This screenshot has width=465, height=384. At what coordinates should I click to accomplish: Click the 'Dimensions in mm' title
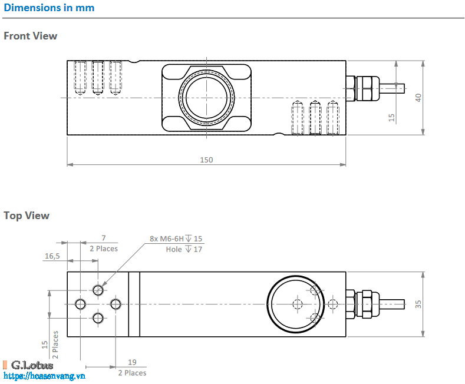pos(49,8)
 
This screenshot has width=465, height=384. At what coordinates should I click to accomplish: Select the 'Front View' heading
pos(31,36)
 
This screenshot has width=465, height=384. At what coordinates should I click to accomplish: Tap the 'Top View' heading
pos(27,216)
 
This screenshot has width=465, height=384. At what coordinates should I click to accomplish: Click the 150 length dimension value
pos(206,160)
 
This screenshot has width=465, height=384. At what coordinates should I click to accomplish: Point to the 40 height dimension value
pos(418,98)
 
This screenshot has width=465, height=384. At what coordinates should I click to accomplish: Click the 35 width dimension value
pos(418,304)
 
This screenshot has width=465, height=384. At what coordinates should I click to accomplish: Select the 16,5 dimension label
pos(52,256)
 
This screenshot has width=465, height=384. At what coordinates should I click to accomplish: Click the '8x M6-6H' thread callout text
pos(167,239)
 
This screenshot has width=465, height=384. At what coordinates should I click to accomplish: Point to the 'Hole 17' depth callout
pos(184,249)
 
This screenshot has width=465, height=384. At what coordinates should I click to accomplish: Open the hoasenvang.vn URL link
pos(45,376)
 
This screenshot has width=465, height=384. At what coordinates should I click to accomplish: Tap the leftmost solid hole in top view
pos(81,304)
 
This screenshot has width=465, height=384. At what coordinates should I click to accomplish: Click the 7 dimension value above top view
pos(103,239)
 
